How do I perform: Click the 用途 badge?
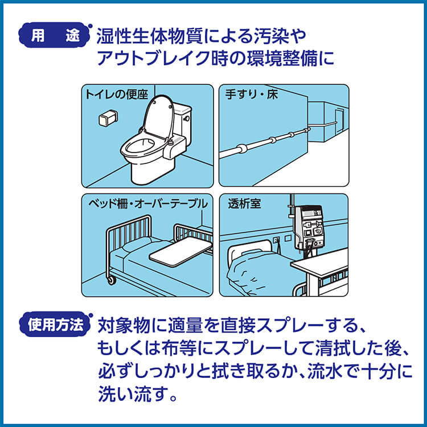pyautogui.click(x=54, y=35)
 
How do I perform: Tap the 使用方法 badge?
pyautogui.click(x=55, y=325)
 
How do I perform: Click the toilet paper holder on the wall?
pyautogui.click(x=108, y=118)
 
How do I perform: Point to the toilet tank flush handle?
pyautogui.click(x=187, y=118)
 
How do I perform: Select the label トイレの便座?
pyautogui.click(x=116, y=95)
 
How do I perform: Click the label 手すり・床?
pyautogui.click(x=251, y=95)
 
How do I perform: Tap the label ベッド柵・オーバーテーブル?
pyautogui.click(x=148, y=204)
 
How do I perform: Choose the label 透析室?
pyautogui.click(x=244, y=203)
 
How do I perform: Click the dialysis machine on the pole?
pyautogui.click(x=310, y=227)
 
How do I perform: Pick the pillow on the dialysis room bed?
pyautogui.click(x=251, y=253)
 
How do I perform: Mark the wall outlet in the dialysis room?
pyautogui.click(x=276, y=240)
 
